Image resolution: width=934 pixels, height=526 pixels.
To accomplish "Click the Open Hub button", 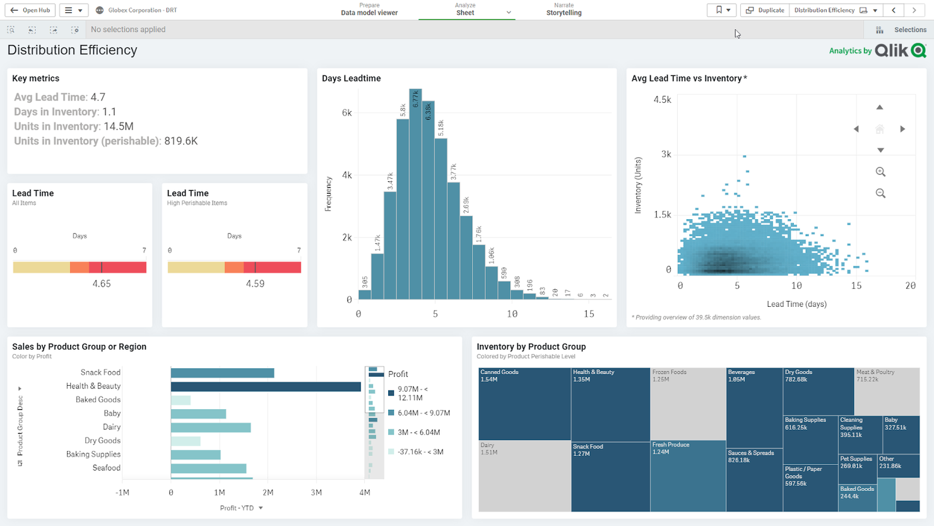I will [30, 10].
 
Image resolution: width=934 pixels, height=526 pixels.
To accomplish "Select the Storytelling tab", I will [564, 9].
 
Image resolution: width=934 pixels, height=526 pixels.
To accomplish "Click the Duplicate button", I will [765, 10].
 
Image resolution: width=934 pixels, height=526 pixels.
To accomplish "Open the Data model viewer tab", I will [369, 9].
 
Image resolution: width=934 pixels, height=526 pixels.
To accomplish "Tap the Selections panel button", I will [902, 30].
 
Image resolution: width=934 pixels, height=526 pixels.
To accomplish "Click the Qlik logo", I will [901, 51].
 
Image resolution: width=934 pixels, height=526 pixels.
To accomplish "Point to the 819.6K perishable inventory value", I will [181, 141].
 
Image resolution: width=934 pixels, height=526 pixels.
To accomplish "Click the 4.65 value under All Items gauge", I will [102, 284].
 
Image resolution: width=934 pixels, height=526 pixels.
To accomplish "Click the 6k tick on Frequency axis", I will [346, 113].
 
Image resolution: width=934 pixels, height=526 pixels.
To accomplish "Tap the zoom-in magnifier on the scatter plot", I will [880, 172].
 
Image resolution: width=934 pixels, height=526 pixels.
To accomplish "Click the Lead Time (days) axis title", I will [796, 304].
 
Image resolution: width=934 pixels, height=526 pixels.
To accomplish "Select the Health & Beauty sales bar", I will [266, 386].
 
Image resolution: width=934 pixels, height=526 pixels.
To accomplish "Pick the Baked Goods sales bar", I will [180, 400].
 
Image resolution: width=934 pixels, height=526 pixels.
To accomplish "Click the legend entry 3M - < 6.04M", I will [418, 433].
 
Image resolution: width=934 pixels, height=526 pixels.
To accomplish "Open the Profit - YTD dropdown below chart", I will [241, 508].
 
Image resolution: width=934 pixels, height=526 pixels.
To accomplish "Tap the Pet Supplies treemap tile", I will [856, 468].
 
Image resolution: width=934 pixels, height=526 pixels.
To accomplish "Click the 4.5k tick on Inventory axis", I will [662, 100].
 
